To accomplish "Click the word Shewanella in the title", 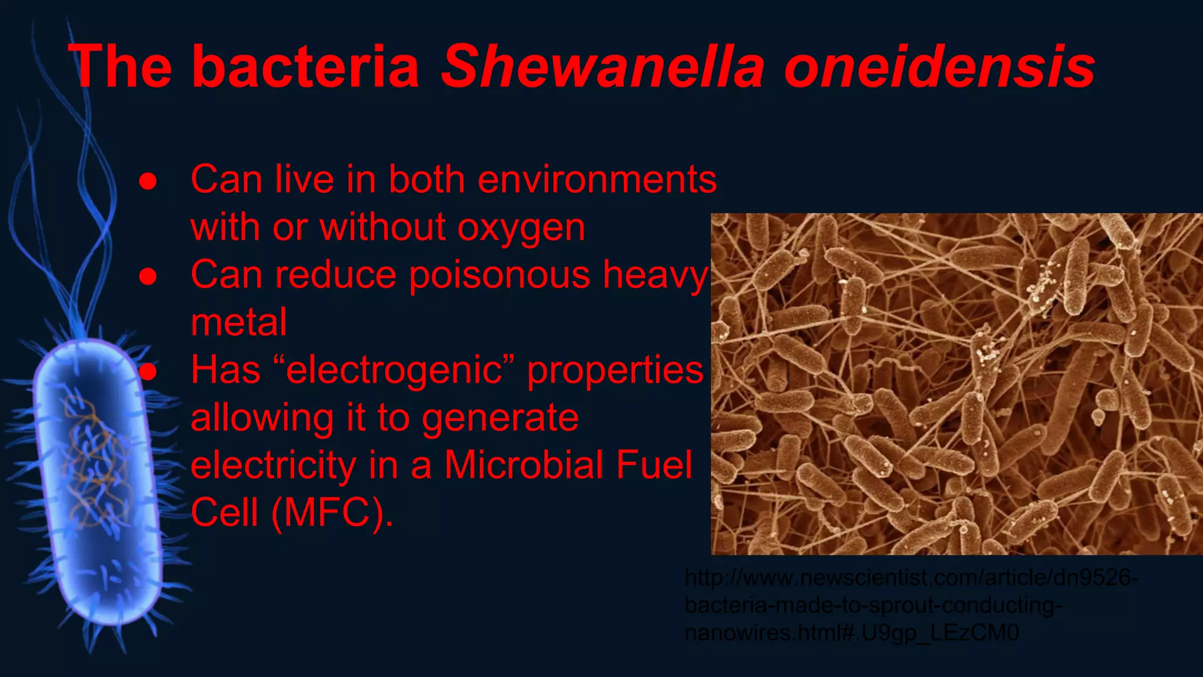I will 602,66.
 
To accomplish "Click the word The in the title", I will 120,66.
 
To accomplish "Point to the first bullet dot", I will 148,182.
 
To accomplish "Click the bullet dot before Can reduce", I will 148,277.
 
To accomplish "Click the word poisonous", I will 499,276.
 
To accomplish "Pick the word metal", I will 238,323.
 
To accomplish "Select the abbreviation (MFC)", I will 332,513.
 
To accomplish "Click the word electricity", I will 273,465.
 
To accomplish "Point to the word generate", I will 500,418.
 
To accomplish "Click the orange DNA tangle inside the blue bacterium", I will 94,464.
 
